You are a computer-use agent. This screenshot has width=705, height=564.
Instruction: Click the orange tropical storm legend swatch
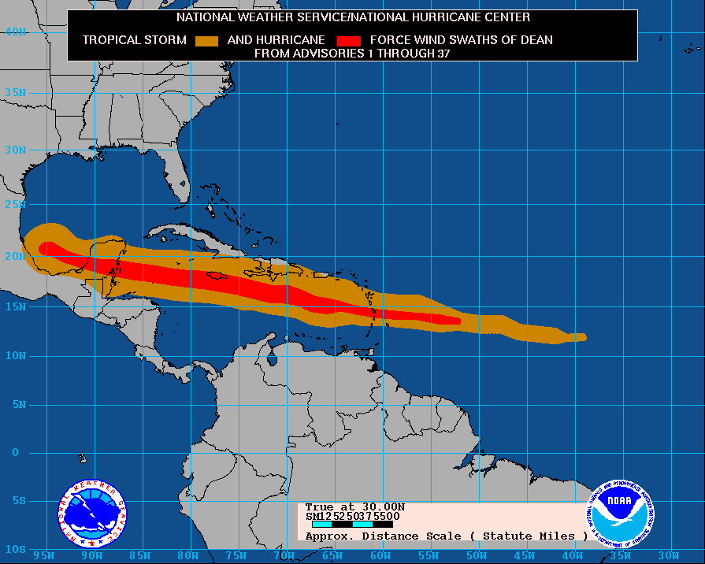click(206, 40)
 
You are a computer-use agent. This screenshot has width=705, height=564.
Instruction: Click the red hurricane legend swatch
click(348, 40)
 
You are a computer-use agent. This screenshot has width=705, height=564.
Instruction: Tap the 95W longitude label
click(44, 555)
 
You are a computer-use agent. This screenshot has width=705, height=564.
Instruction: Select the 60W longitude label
click(380, 555)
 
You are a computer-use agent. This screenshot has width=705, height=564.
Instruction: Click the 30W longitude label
click(667, 555)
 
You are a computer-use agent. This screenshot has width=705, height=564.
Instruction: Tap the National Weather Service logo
click(92, 514)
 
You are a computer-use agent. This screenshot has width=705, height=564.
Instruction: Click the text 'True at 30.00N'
click(354, 506)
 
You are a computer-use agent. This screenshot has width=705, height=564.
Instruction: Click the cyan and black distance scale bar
click(352, 524)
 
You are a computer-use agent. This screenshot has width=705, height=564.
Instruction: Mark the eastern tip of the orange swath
click(584, 337)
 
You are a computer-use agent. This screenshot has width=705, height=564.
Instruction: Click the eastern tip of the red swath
click(458, 320)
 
